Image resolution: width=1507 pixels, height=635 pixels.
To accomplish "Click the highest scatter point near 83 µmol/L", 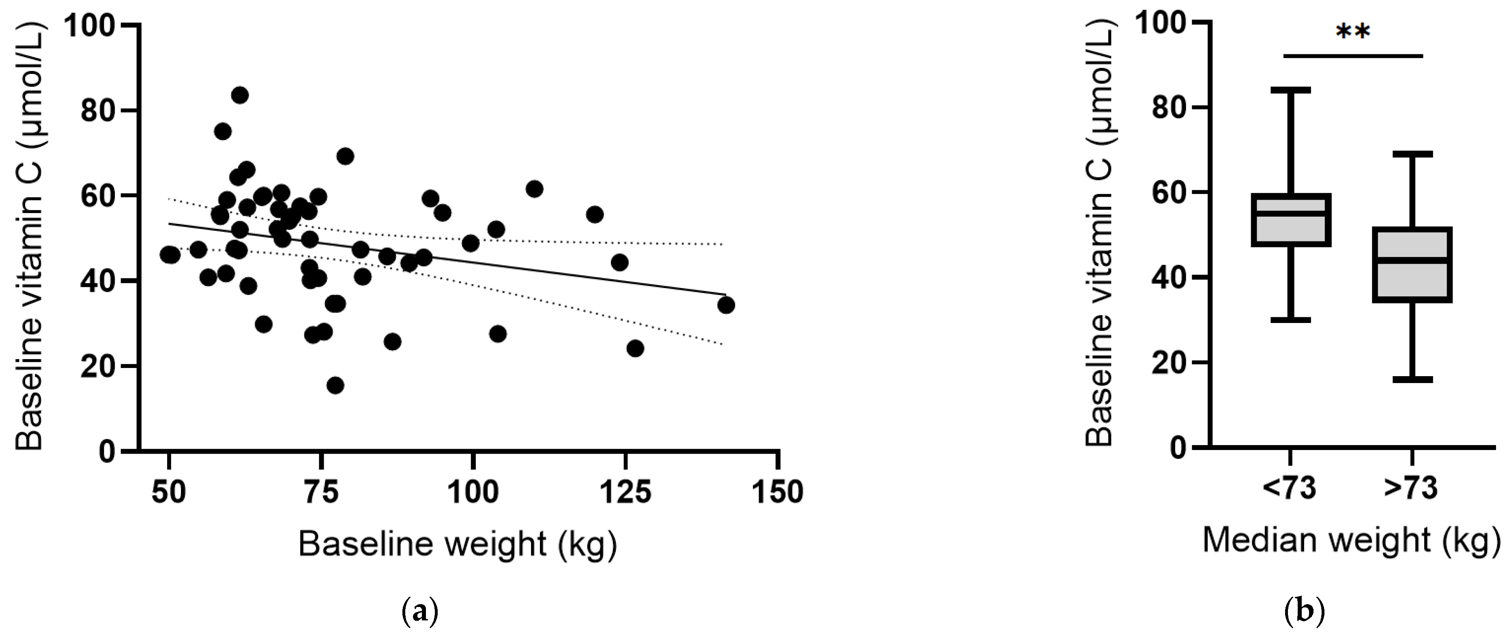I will click(x=240, y=95).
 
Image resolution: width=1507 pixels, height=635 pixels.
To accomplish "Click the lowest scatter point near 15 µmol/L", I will click(x=335, y=385).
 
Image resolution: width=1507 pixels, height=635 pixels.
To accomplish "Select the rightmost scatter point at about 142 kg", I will click(x=725, y=305).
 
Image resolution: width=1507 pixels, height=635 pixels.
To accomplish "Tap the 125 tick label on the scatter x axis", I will click(x=625, y=492).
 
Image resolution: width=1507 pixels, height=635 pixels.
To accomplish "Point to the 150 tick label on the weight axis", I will click(x=777, y=492).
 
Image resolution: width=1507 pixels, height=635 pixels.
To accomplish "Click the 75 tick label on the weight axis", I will click(x=321, y=492).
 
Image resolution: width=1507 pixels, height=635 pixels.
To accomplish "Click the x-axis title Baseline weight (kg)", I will click(x=458, y=544).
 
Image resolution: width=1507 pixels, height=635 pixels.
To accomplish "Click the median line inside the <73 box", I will click(x=1290, y=213).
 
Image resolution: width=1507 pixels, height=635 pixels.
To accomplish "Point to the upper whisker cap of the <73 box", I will click(x=1290, y=90).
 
